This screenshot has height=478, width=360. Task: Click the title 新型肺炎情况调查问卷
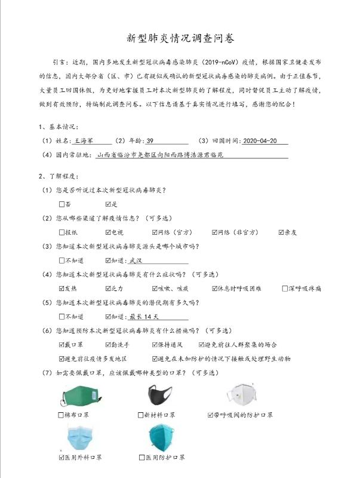coord(180,38)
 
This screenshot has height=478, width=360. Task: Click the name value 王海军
coord(83,141)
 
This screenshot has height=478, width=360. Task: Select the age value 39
coord(150,141)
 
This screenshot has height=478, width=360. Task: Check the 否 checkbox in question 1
coord(62,204)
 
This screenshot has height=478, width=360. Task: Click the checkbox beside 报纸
coord(62,232)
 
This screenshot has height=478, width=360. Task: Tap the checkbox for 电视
coord(108,232)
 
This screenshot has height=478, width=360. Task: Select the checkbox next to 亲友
coord(281,232)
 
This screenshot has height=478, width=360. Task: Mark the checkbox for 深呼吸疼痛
coord(285,289)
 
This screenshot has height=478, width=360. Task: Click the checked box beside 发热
coord(62,289)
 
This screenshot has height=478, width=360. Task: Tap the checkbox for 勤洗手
coord(108,345)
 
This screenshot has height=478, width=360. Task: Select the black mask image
coord(160,394)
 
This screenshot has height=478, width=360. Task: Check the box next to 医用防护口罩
coord(142,458)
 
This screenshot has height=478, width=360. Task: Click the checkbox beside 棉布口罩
coord(62,415)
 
